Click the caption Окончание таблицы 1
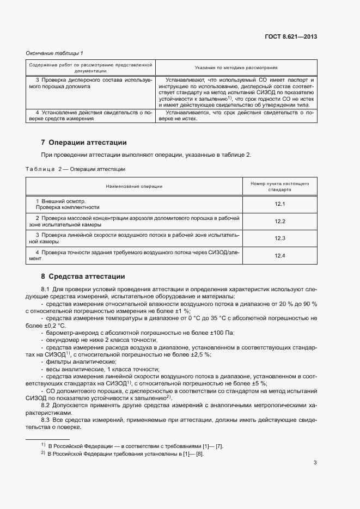pyautogui.click(x=54, y=53)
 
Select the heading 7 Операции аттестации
pyautogui.click(x=84, y=143)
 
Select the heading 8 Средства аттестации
pyautogui.click(x=83, y=277)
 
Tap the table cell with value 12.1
pyautogui.click(x=280, y=204)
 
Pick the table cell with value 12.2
pyautogui.click(x=280, y=222)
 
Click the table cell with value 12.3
pyautogui.click(x=280, y=238)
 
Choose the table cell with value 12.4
pyautogui.click(x=280, y=255)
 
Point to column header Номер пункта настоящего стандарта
pyautogui.click(x=280, y=187)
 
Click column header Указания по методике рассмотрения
pyautogui.click(x=236, y=68)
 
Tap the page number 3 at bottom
pyautogui.click(x=315, y=463)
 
